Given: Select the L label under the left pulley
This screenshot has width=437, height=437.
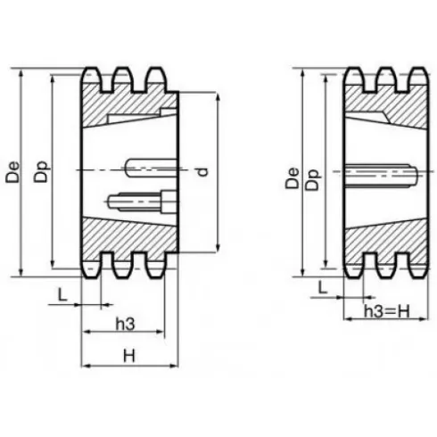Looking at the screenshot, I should pos(60,293).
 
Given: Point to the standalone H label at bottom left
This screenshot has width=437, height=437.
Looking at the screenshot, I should pos(128,354).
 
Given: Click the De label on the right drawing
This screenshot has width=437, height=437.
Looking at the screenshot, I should pos(293,176).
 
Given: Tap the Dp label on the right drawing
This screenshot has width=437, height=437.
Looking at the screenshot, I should pos(312,176).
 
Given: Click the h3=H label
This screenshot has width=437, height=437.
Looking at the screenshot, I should pos(387,311).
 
